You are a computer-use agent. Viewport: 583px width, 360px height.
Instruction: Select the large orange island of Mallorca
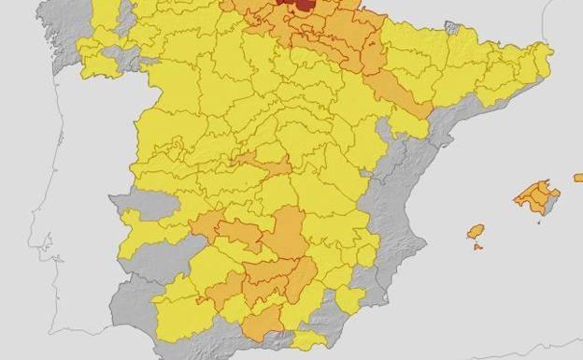click(x=536, y=197)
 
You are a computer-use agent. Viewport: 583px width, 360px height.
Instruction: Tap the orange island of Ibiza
click(x=476, y=231)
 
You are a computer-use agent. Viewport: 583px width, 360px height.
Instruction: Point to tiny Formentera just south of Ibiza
click(x=477, y=247)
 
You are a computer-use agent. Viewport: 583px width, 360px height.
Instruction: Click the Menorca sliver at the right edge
click(x=578, y=177)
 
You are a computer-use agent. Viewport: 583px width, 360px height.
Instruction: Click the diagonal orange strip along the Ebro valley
click(x=397, y=94)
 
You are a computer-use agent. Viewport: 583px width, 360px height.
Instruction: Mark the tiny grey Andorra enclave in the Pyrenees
click(x=453, y=28)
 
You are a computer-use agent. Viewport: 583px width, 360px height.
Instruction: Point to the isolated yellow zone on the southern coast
click(x=308, y=339)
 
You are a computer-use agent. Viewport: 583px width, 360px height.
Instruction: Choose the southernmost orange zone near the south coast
click(x=264, y=322)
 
